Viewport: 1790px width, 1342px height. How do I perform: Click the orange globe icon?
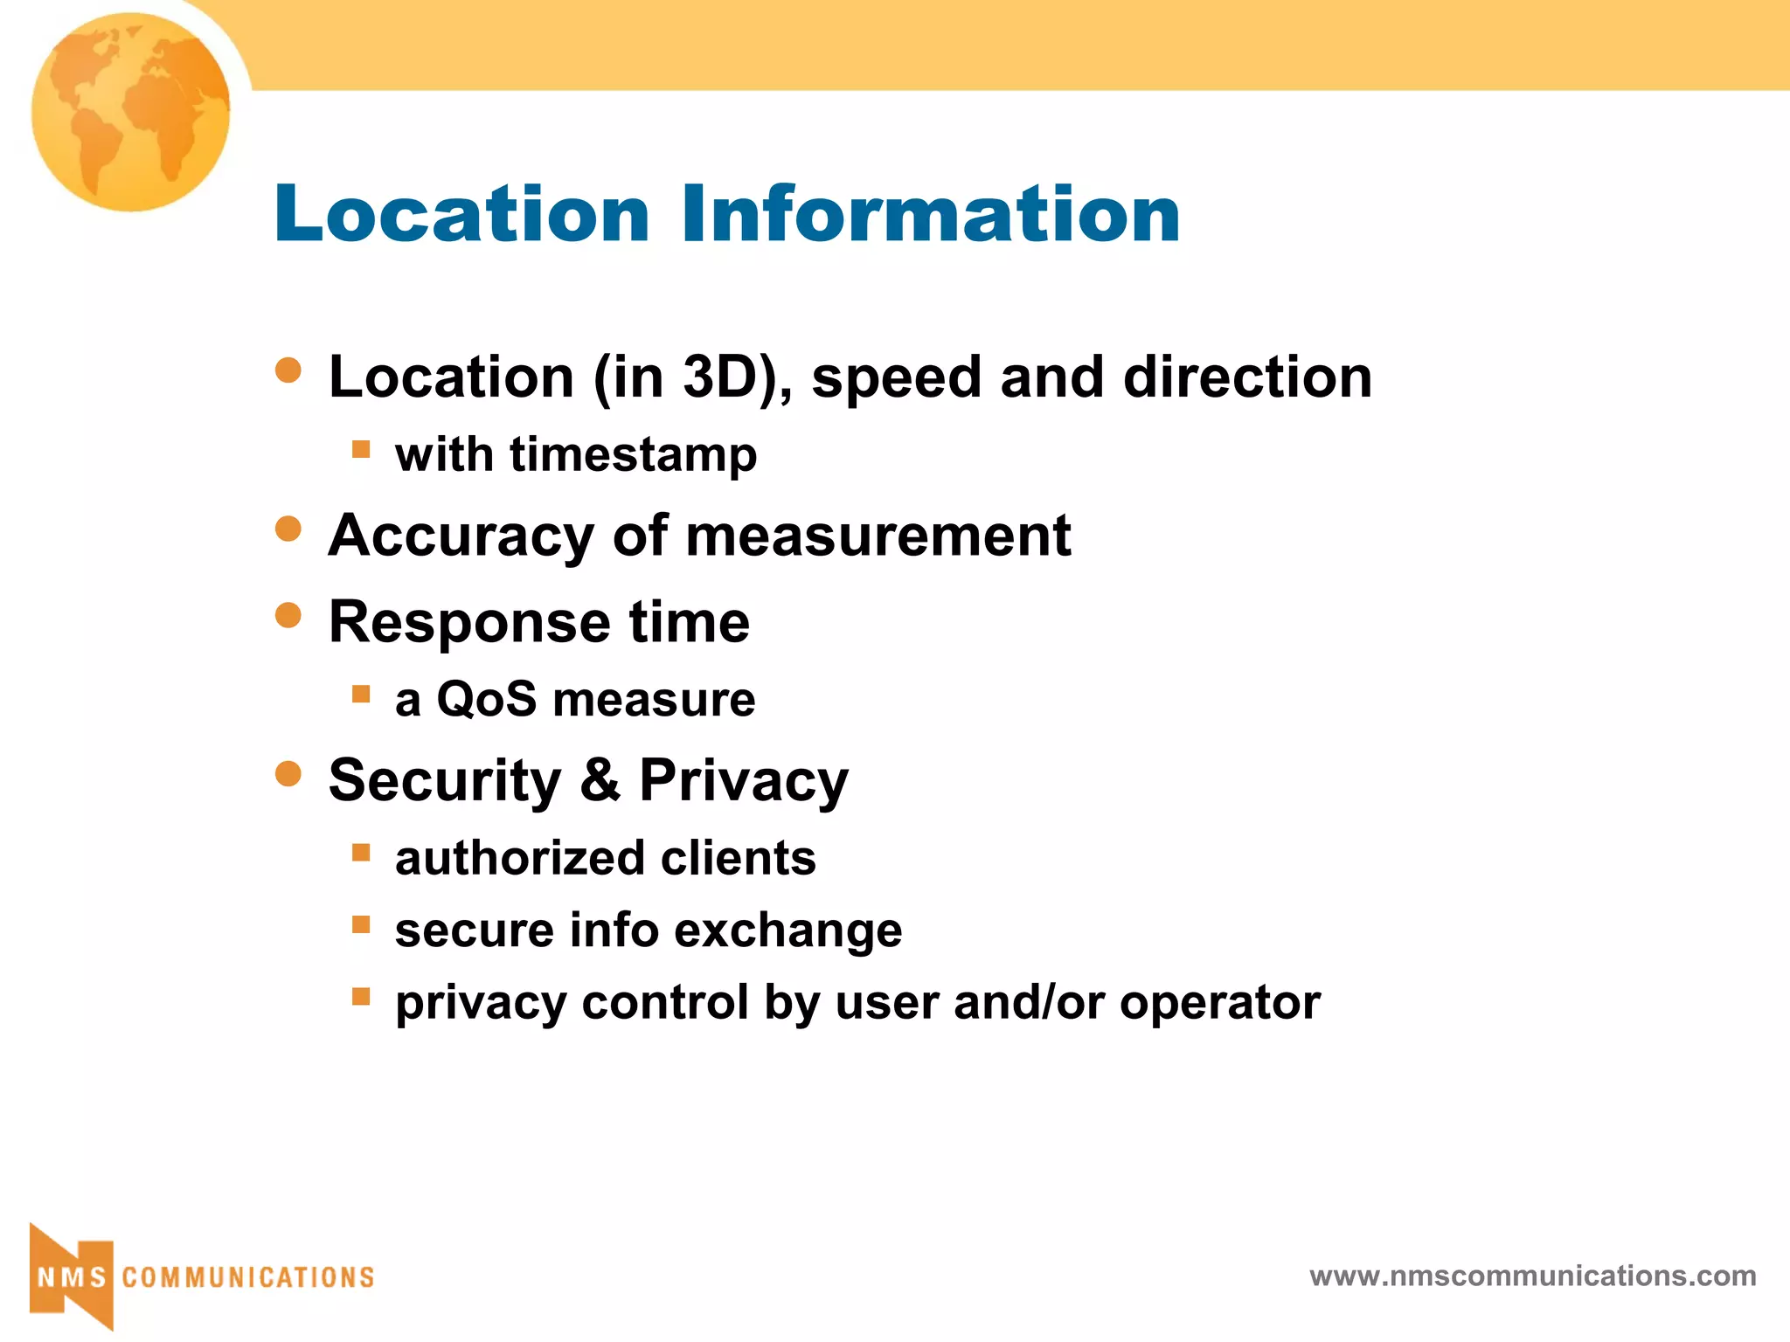tap(130, 112)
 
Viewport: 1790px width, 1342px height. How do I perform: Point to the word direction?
tap(1247, 377)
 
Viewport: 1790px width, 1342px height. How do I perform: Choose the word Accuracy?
tap(461, 536)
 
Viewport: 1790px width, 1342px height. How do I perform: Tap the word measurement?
tap(878, 536)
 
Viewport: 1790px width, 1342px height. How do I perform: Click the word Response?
tap(469, 623)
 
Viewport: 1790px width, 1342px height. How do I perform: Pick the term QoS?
tap(486, 700)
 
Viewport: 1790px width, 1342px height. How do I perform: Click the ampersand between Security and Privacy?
tap(600, 779)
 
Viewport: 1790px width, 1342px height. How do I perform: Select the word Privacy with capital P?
tap(744, 780)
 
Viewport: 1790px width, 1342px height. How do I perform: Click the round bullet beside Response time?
tap(288, 615)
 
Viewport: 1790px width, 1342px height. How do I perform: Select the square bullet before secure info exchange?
tap(361, 924)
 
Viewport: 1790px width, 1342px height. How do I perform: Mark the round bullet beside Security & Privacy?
tap(288, 773)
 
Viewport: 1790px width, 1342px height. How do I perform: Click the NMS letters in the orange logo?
tap(72, 1277)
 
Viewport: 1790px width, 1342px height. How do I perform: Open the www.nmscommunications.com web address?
tap(1532, 1276)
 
